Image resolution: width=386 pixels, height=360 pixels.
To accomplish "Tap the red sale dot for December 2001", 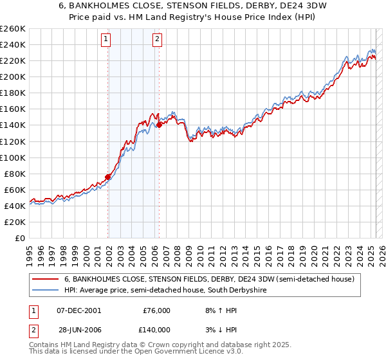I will (108, 176).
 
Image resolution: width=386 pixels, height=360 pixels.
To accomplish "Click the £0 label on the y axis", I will (19, 238).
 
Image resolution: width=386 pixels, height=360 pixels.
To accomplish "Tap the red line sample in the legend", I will (46, 279).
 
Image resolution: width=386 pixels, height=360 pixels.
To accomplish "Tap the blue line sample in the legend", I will (46, 291).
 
